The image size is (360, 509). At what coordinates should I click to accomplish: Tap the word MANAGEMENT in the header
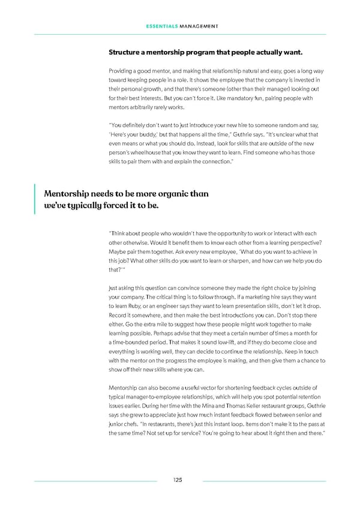tap(197, 26)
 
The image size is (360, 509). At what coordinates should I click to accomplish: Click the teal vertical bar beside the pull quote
tap(35, 199)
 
